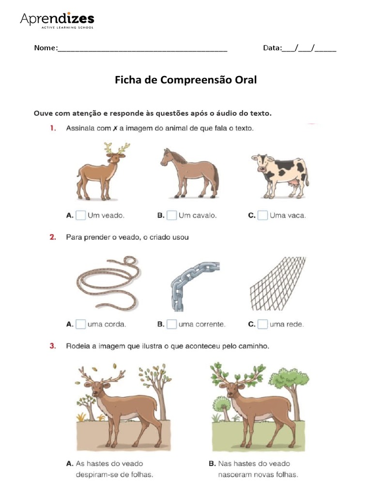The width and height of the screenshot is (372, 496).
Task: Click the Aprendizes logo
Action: click(57, 20)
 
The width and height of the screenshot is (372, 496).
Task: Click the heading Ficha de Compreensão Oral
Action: click(186, 80)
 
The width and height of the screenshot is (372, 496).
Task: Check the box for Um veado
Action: click(81, 215)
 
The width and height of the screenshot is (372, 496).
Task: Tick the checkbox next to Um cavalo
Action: click(172, 215)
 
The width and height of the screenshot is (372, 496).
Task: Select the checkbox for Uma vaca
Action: click(263, 215)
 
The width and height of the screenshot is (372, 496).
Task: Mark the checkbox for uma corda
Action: click(81, 324)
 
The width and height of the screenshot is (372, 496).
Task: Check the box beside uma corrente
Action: click(172, 324)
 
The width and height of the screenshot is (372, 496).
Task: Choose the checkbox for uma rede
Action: click(263, 324)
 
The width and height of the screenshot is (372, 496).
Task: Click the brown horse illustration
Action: click(190, 173)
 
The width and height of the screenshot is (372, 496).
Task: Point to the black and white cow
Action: click(280, 174)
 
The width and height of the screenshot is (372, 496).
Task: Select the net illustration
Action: click(278, 283)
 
